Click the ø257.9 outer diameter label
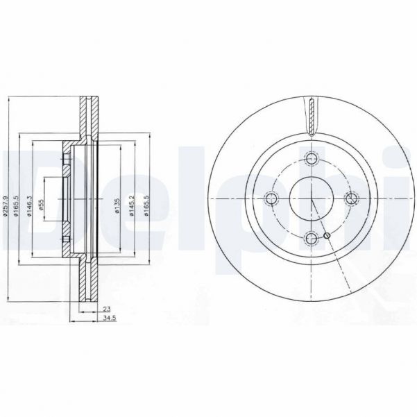pyautogui.click(x=6, y=201)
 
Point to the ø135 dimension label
pyautogui.click(x=118, y=205)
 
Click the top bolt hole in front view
pyautogui.click(x=312, y=160)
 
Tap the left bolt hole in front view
pyautogui.click(x=272, y=199)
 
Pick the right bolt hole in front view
pyautogui.click(x=352, y=199)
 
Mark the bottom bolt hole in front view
pyautogui.click(x=312, y=239)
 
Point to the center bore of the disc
pyautogui.click(x=312, y=199)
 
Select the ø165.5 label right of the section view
pyautogui.click(x=146, y=205)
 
